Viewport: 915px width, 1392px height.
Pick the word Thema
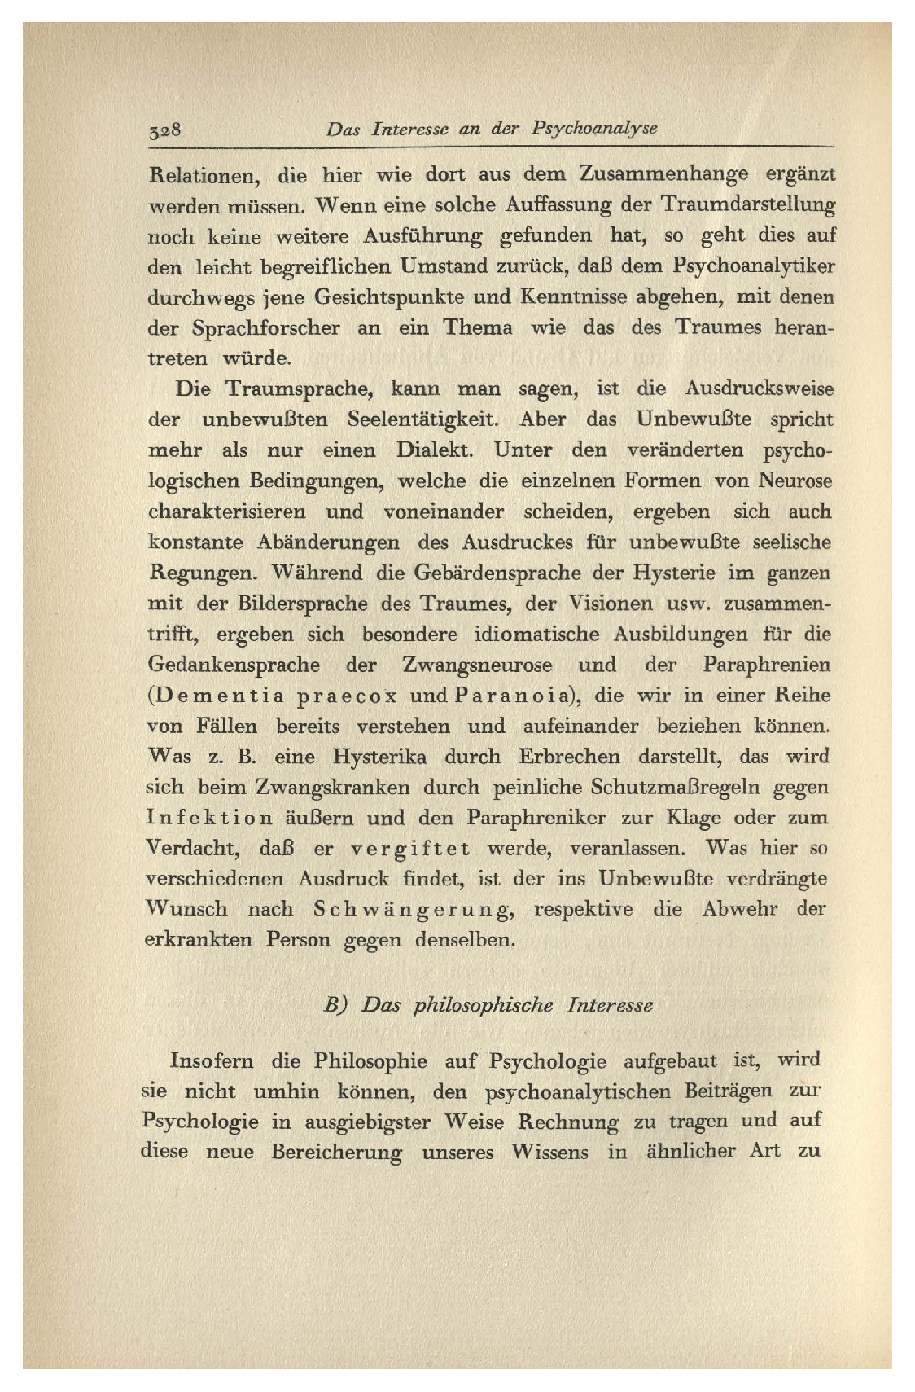[477, 327]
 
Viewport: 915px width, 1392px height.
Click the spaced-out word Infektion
[210, 818]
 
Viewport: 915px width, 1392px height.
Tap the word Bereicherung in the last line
[337, 1153]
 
